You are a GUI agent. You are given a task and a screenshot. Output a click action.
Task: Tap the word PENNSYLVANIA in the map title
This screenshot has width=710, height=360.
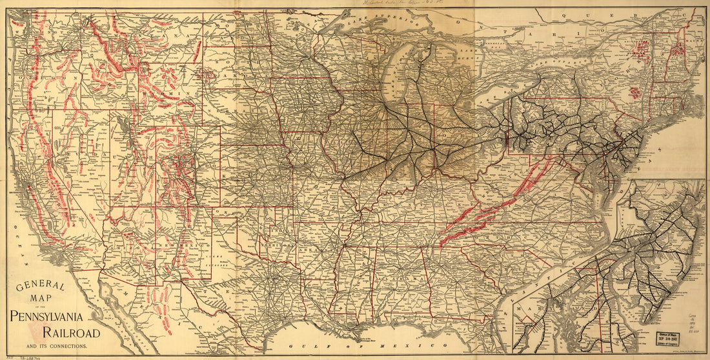click(55, 316)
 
